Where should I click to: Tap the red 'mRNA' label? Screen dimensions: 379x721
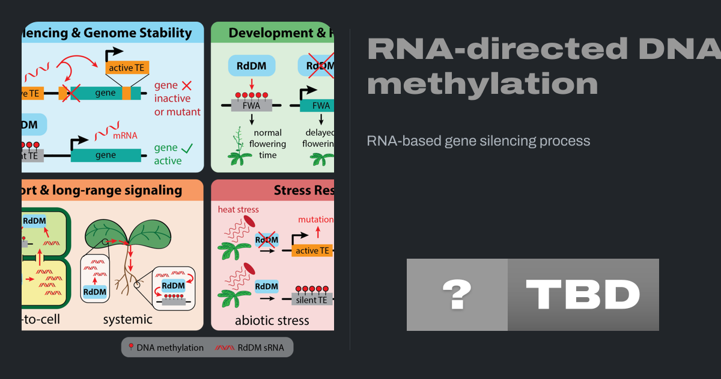125,135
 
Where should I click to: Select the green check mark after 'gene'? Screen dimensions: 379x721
188,147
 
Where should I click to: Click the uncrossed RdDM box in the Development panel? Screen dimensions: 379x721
252,66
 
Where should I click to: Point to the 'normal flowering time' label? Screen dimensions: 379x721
267,144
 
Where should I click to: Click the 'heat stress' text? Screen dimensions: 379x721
239,209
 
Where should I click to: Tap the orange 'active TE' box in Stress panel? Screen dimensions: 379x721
312,250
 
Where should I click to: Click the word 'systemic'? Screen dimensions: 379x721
127,319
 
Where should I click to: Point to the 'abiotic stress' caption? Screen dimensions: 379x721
272,320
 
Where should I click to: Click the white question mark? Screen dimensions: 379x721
457,295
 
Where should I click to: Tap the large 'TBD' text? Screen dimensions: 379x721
583,295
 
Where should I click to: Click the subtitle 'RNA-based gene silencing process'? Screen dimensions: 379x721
478,141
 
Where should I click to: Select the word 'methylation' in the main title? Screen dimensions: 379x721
482,82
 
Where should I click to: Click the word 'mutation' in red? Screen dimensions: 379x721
315,220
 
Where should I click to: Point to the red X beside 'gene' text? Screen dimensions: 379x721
186,85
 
